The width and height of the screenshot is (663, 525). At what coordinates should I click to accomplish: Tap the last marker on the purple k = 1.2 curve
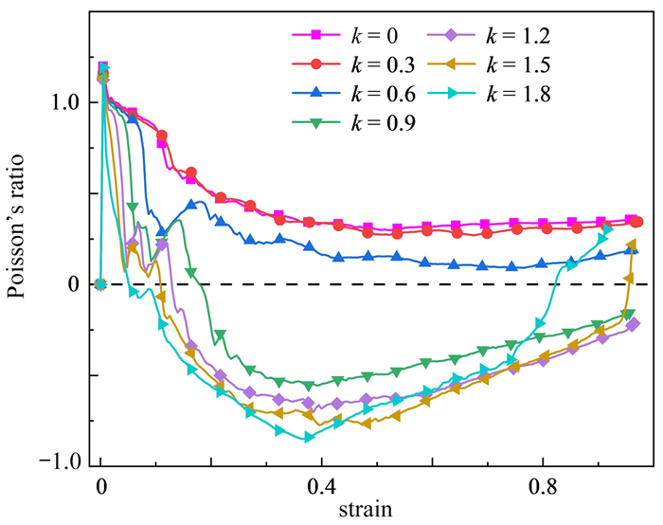point(633,324)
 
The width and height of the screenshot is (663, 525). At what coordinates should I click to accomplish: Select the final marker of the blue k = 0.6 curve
point(632,250)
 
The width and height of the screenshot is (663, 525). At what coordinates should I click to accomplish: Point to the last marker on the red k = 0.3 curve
point(637,222)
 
